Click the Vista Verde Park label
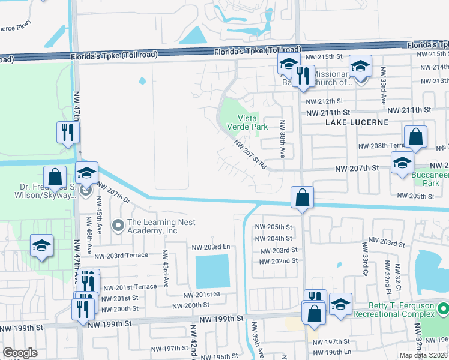(x=243, y=123)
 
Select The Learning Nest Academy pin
(x=118, y=226)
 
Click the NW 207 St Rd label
(x=250, y=155)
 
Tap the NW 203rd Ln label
(x=211, y=247)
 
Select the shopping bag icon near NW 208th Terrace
(x=415, y=137)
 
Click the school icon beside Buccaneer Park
(x=402, y=163)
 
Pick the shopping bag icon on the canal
(x=302, y=197)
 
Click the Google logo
(x=20, y=353)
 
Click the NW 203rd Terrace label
(x=122, y=255)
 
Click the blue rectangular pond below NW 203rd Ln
(x=212, y=271)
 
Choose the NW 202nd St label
(x=278, y=261)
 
